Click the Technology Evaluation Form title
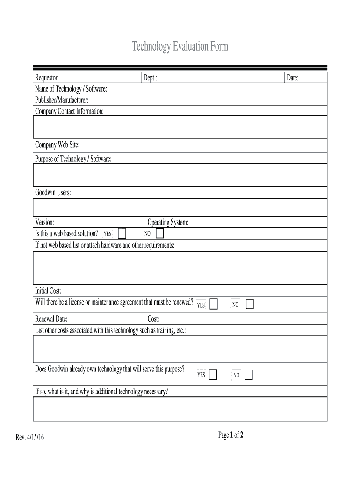click(x=180, y=47)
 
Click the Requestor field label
click(x=47, y=78)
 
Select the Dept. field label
click(x=150, y=78)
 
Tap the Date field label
click(x=293, y=78)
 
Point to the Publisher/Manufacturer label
click(x=62, y=100)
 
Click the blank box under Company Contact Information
click(x=180, y=127)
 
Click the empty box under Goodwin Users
click(x=180, y=207)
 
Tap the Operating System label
click(x=168, y=223)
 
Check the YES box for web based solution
click(x=122, y=233)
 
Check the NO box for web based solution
click(x=159, y=233)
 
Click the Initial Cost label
click(x=49, y=291)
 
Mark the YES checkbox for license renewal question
click(x=214, y=305)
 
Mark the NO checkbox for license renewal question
click(x=250, y=305)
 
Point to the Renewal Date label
click(x=51, y=319)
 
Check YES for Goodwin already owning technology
click(x=213, y=375)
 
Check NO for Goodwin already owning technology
click(x=249, y=375)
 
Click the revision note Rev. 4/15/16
click(x=30, y=437)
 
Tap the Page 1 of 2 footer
click(x=230, y=435)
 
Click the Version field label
click(x=45, y=223)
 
